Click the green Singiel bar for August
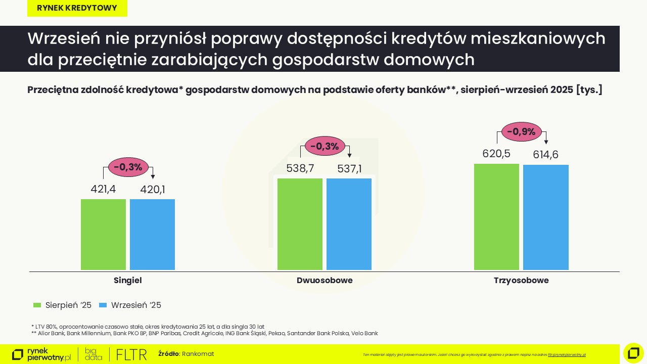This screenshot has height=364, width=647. (x=103, y=235)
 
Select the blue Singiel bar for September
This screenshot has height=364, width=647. (x=152, y=235)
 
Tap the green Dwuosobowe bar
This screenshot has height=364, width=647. (x=300, y=224)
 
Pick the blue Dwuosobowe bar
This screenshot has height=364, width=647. (x=349, y=224)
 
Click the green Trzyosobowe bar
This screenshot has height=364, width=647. (x=496, y=217)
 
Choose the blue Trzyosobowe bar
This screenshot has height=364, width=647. (x=545, y=217)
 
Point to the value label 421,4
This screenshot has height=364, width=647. (x=103, y=190)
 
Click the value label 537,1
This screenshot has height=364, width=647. (x=349, y=169)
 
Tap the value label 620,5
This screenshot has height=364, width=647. (x=496, y=154)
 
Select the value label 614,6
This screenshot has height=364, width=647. (x=545, y=155)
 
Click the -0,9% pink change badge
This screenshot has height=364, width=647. (x=521, y=132)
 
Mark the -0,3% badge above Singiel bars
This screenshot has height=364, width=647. (x=128, y=167)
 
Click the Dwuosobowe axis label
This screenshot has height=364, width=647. (x=325, y=281)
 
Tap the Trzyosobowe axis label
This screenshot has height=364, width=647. (x=521, y=281)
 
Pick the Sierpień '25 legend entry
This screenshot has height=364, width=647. (x=62, y=305)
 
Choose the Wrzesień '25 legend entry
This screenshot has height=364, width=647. (x=130, y=305)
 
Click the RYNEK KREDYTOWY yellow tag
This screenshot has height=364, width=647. (x=77, y=8)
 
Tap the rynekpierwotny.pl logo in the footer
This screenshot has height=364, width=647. (x=41, y=354)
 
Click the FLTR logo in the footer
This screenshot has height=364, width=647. (x=131, y=354)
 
